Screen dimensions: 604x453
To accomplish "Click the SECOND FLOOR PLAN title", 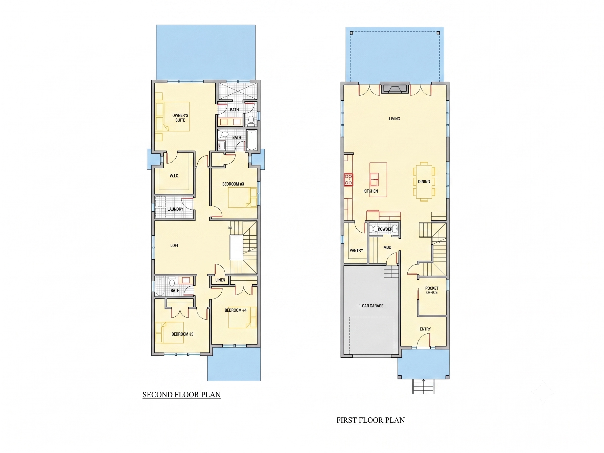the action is click(182, 395).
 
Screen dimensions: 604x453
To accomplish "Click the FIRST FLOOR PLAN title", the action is click(370, 420).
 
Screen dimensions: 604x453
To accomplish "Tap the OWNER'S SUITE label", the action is click(180, 118).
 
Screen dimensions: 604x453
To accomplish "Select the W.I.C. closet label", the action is click(174, 176).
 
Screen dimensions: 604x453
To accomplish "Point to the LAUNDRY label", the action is click(175, 209).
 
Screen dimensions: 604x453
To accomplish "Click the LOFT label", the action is click(174, 245).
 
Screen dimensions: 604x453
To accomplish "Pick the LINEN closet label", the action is click(220, 280).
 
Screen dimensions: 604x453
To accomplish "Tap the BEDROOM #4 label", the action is click(236, 310).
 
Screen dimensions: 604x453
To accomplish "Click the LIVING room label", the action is click(394, 119).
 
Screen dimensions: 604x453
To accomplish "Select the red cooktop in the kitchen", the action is click(349, 180).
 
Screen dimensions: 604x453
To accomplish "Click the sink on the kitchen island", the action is click(374, 179).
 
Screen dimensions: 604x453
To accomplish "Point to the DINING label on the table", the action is click(424, 182).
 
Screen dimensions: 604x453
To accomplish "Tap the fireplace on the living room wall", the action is click(394, 88).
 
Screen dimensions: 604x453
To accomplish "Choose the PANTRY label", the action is click(356, 251).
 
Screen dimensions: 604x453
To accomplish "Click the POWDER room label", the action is click(385, 229).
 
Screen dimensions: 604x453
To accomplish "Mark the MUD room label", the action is click(387, 247).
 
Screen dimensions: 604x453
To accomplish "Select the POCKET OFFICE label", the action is click(432, 290).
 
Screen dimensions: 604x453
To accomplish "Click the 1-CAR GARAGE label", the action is click(371, 306).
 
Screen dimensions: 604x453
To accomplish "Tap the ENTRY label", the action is click(425, 329).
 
